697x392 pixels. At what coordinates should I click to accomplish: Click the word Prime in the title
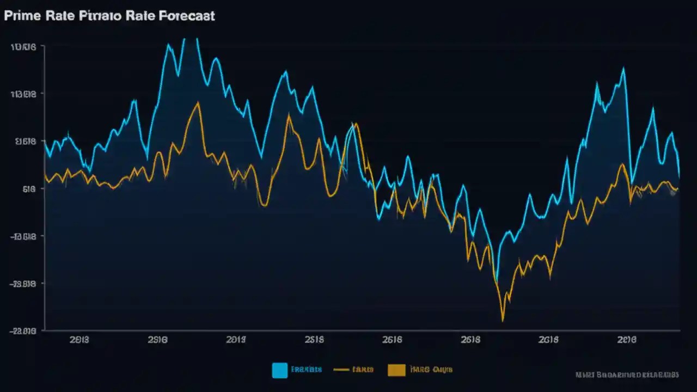[x=22, y=16]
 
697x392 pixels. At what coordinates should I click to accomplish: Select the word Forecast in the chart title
[x=187, y=16]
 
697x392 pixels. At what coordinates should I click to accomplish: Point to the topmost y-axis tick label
[x=23, y=47]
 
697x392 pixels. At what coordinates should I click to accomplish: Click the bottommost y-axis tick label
[x=23, y=330]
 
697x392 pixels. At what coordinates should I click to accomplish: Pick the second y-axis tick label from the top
[x=23, y=94]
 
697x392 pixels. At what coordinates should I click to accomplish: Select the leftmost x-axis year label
[x=80, y=340]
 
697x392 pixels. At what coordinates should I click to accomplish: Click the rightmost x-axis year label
[x=627, y=340]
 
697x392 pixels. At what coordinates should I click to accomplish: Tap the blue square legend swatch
[x=279, y=370]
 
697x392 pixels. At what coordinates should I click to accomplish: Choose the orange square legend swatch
[x=396, y=370]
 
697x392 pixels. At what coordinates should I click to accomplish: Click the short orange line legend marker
[x=341, y=370]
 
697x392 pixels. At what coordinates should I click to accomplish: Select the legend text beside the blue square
[x=306, y=370]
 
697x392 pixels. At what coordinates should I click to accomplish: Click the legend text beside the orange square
[x=431, y=370]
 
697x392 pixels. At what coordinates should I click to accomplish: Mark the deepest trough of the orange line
[x=503, y=320]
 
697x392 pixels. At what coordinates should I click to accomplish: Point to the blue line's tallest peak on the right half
[x=623, y=69]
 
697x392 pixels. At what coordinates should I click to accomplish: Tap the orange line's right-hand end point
[x=677, y=189]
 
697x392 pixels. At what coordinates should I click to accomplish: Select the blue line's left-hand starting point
[x=45, y=142]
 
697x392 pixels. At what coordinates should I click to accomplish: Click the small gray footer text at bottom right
[x=627, y=375]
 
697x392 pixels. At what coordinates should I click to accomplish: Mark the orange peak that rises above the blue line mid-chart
[x=356, y=124]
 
